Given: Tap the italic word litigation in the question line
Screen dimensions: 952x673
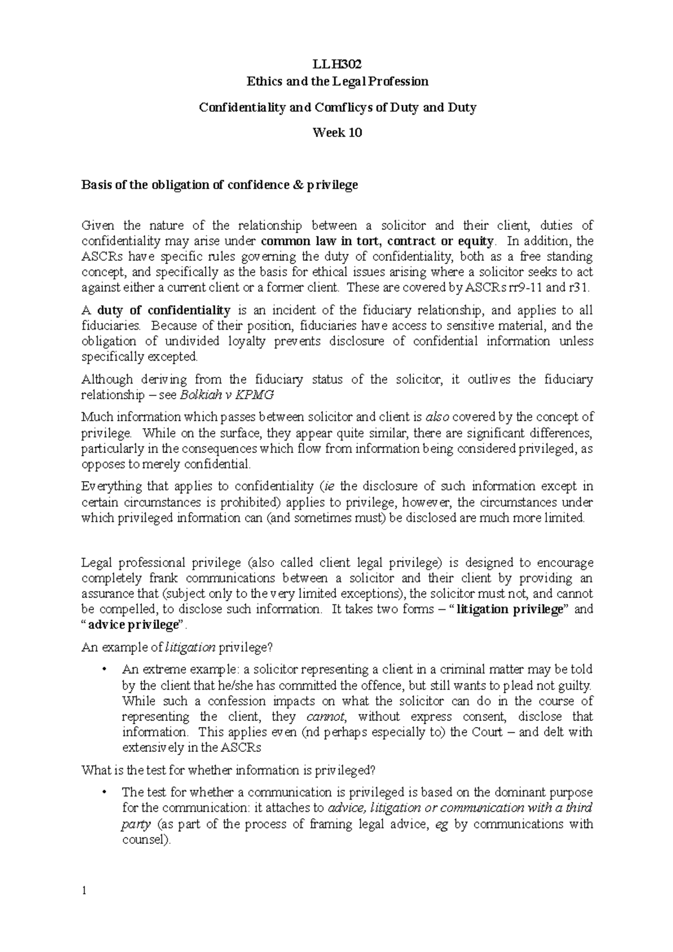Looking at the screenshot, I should [191, 648].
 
